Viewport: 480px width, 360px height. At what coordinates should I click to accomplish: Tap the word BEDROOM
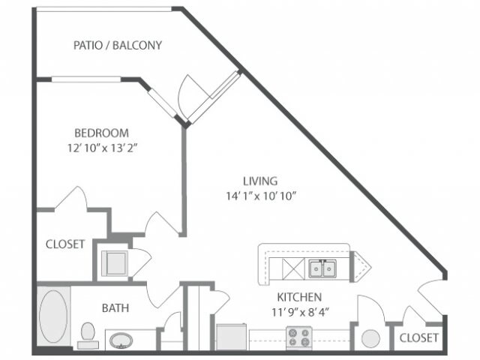101,132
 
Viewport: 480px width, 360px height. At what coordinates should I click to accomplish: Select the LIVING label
260,181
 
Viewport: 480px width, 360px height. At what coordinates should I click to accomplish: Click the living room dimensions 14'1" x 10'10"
260,196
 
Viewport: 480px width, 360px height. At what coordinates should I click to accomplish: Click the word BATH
116,307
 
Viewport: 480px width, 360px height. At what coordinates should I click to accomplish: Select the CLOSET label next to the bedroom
64,244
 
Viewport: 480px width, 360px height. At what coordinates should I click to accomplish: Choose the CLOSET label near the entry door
418,338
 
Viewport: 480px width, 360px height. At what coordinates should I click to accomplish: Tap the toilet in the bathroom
87,334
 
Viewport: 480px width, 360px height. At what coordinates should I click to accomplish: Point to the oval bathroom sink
121,341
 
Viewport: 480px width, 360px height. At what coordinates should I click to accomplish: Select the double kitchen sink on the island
323,267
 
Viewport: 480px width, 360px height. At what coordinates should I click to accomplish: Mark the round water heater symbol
370,337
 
